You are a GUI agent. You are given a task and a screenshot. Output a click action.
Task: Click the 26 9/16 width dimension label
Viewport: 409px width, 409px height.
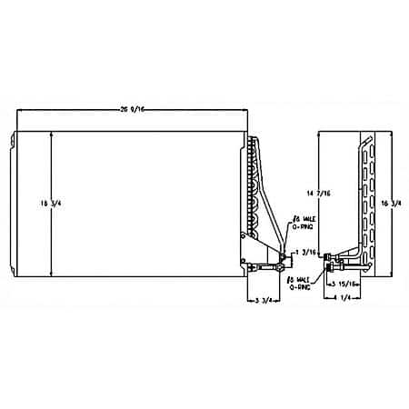coord(134,102)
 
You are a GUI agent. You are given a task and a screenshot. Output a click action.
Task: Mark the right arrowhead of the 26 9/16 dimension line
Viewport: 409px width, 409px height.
coord(248,110)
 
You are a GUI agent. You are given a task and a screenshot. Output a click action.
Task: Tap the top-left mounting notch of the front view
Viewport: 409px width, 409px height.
coord(14,138)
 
